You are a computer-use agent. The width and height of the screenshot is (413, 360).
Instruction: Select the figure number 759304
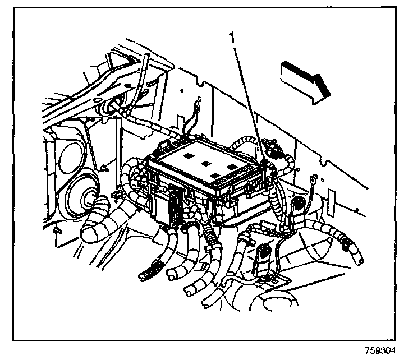click(x=379, y=351)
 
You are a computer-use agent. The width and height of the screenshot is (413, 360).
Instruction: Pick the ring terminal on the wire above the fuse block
click(x=197, y=103)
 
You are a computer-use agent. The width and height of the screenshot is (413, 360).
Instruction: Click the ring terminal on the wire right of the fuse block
click(x=312, y=181)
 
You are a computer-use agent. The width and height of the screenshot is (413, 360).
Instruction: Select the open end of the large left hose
click(x=90, y=231)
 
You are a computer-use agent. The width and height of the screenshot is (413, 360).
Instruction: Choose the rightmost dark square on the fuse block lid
click(x=231, y=167)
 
